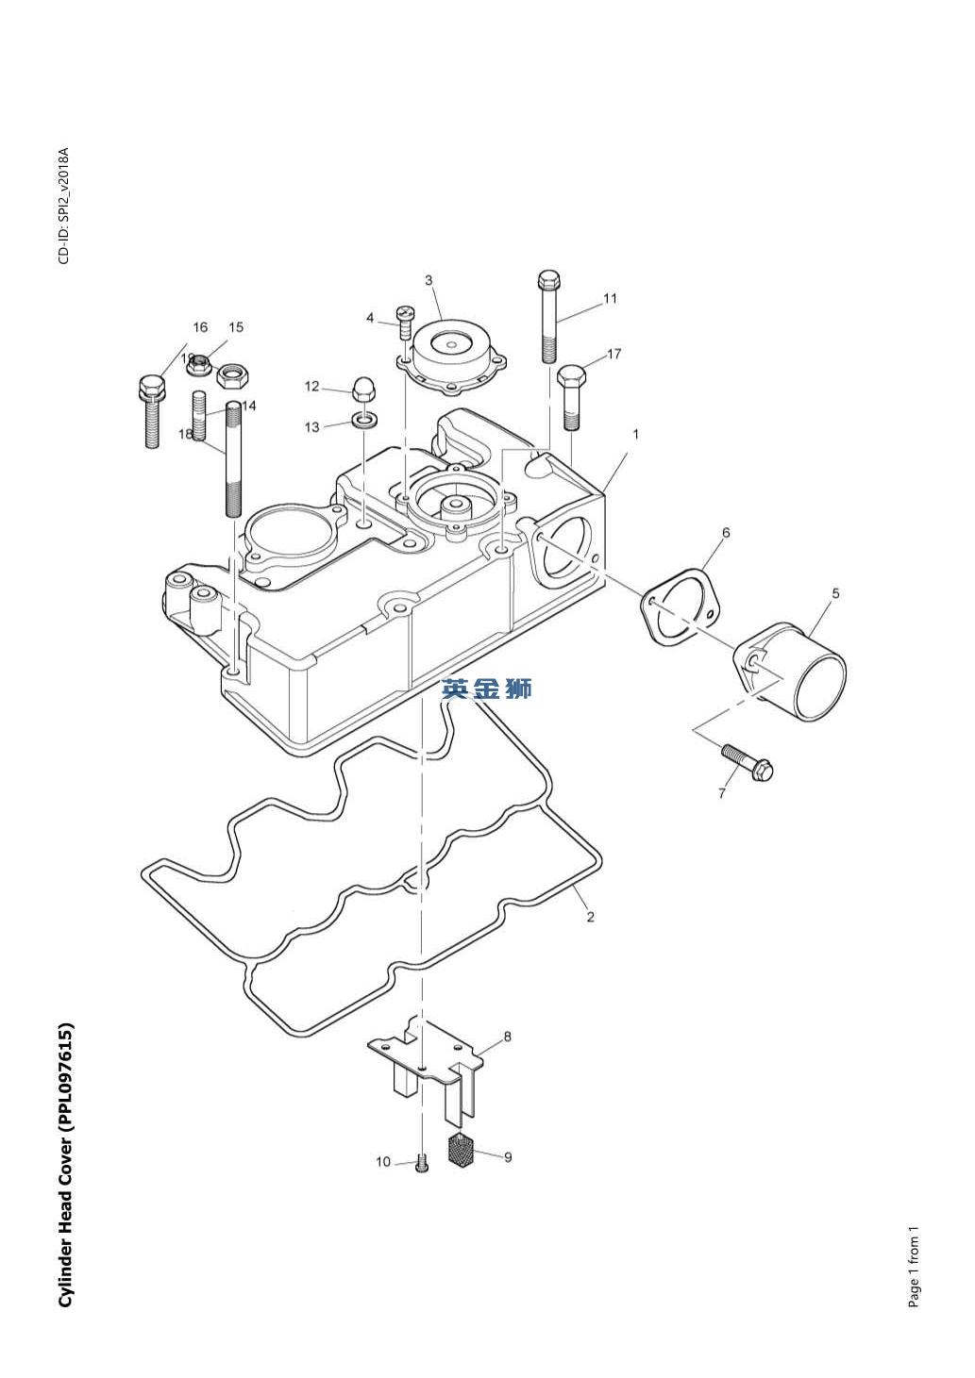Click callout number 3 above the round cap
429,280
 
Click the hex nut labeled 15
231,376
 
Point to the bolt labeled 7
749,762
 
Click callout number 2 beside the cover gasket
591,916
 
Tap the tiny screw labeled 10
422,1166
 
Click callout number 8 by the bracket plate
508,1037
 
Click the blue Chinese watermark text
487,689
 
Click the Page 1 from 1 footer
914,1266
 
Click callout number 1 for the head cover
636,435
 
